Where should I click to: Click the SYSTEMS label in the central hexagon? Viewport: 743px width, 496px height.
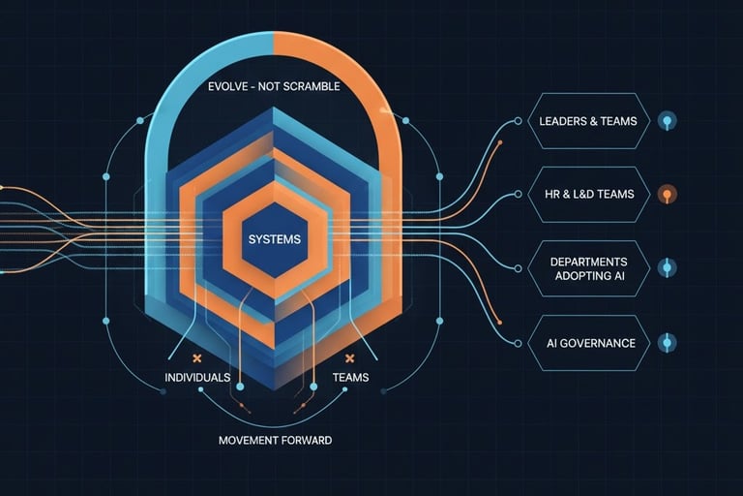275,238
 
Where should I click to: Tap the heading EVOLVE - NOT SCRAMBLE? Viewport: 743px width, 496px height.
274,86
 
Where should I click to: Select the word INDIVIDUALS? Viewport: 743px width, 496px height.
197,377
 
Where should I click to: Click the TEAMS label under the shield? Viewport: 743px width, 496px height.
349,377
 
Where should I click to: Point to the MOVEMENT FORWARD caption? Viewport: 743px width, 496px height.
275,440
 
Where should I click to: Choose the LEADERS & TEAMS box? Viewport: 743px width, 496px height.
588,121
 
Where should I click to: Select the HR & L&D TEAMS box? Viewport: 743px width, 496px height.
588,194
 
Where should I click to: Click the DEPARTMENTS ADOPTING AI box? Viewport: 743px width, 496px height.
588,269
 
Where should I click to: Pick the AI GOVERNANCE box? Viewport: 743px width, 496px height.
588,343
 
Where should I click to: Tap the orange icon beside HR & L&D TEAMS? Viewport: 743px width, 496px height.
666,194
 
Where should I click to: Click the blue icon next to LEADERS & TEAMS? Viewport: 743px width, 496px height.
667,121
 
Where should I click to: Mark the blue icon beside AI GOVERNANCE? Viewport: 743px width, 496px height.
666,343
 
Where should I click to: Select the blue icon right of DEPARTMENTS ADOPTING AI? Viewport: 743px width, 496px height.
666,268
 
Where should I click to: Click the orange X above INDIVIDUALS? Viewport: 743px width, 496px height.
196,357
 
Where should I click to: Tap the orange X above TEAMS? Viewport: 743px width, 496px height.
348,357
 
